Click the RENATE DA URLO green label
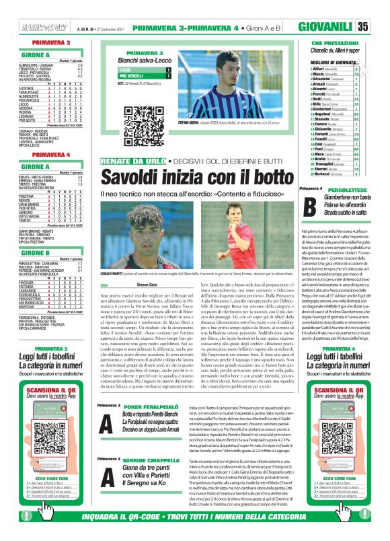(122, 162)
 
